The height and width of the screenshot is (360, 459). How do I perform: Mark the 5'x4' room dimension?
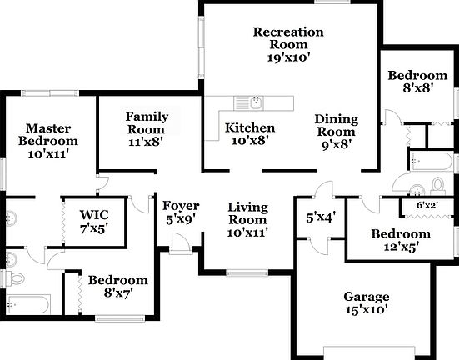coord(321,217)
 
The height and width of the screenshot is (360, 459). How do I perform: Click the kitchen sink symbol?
coord(250,102)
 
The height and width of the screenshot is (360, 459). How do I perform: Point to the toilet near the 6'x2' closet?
coord(437,182)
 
